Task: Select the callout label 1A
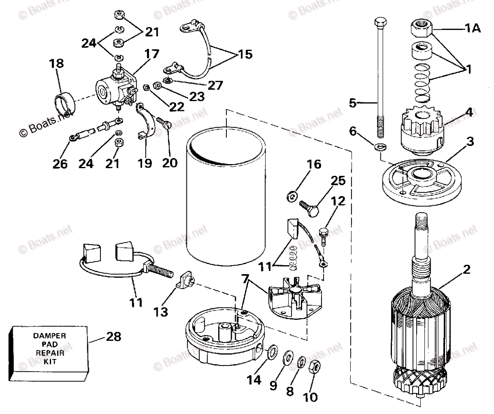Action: (472, 29)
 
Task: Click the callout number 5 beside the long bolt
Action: (352, 102)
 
